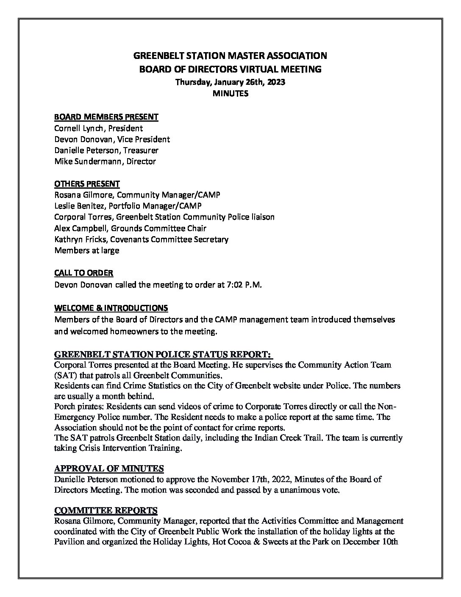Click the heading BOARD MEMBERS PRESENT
tap(106, 117)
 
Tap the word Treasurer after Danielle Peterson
tap(141, 150)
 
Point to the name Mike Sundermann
tap(83, 161)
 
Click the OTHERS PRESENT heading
tap(87, 184)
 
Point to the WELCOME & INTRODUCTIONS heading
tap(111, 308)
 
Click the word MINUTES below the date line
tap(230, 94)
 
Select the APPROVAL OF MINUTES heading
tap(109, 469)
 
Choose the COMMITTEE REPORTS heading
tap(106, 510)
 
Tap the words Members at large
tap(87, 250)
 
